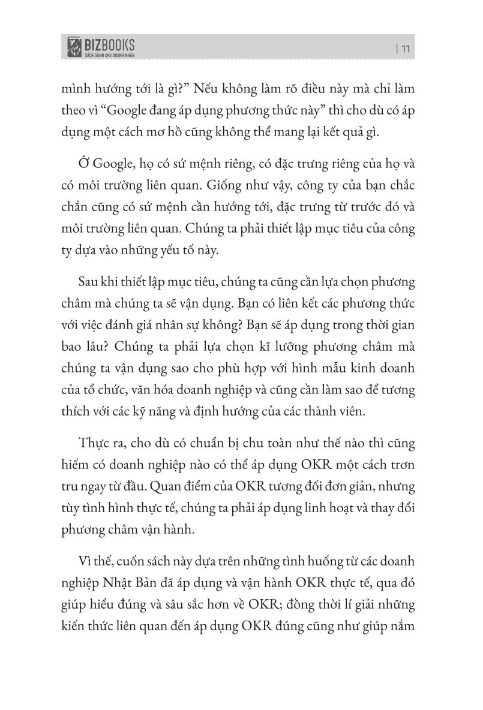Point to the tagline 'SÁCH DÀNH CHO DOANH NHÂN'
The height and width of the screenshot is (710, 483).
click(108, 55)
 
